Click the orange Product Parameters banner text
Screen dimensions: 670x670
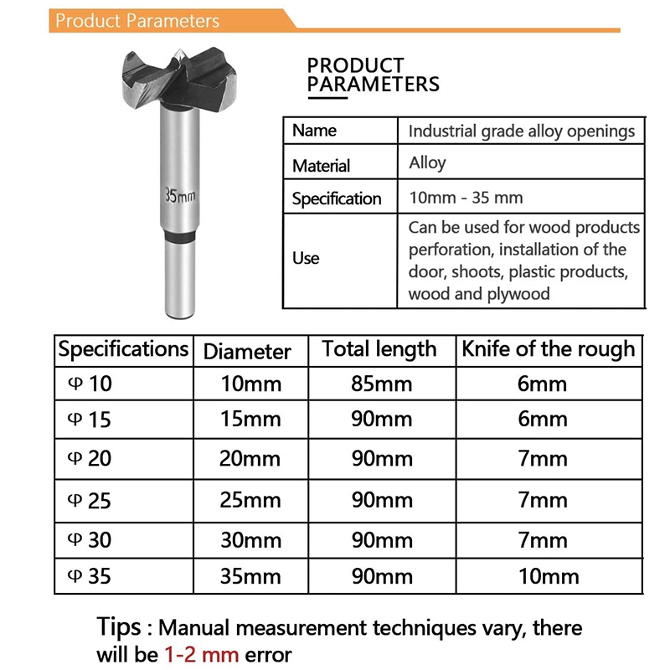click(x=137, y=21)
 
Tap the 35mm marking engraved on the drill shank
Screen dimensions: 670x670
click(x=179, y=195)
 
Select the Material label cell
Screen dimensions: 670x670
click(x=321, y=166)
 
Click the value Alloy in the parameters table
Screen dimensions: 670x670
click(x=427, y=162)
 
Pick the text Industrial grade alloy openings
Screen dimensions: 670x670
click(x=521, y=131)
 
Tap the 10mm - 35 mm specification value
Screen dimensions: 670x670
click(x=466, y=198)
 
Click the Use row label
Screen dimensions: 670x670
click(x=306, y=258)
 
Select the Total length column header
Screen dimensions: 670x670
click(x=379, y=349)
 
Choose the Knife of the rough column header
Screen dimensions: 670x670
click(x=549, y=349)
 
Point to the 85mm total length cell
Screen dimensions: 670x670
click(x=381, y=384)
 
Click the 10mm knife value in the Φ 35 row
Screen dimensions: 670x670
click(x=549, y=576)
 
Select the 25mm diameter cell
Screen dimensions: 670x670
click(x=250, y=500)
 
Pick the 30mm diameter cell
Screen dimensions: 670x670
click(x=250, y=540)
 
